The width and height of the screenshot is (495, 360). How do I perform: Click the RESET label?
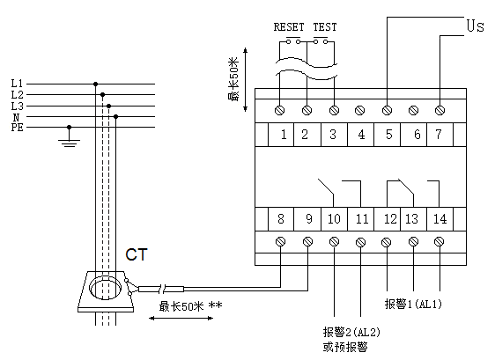289,27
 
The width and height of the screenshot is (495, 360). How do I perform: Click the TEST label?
325,27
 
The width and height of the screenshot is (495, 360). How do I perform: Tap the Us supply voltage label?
475,26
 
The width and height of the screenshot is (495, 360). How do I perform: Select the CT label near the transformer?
137,254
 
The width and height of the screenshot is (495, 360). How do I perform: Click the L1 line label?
17,84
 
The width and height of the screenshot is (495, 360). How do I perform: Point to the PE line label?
18,128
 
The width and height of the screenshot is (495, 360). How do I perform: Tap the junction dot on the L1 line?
96,84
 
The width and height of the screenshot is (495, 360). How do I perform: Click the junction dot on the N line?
116,117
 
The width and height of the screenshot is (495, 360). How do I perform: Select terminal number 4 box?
361,135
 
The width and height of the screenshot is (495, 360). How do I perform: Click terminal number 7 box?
440,135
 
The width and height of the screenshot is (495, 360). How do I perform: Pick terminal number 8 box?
281,219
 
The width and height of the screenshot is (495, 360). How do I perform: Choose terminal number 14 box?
440,219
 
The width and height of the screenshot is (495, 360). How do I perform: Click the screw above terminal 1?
280,110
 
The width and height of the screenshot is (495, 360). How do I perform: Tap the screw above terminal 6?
414,110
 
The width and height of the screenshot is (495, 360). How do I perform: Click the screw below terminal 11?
360,242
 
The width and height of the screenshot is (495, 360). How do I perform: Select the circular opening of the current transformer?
105,288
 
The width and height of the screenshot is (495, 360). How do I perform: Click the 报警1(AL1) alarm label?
413,304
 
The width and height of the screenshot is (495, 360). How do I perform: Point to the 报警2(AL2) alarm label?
351,332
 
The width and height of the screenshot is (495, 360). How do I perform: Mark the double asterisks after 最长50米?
215,305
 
